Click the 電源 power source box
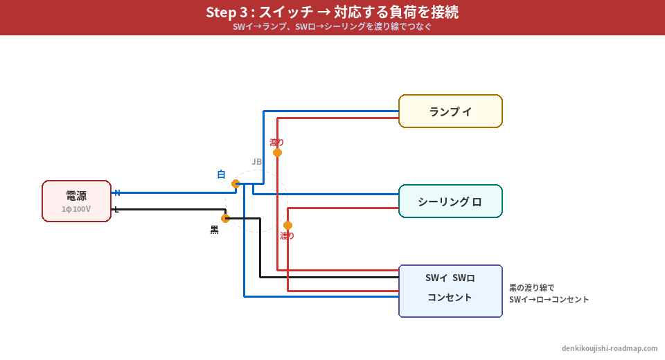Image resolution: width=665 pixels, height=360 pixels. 76,201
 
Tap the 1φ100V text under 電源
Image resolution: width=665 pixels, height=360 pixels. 76,209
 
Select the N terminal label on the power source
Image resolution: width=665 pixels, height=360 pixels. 117,192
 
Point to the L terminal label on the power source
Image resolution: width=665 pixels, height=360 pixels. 116,209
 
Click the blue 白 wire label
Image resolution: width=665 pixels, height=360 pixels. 221,174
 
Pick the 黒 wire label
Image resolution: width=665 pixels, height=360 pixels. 214,230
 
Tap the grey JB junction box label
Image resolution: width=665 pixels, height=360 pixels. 256,161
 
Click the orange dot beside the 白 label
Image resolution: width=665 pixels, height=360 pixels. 236,183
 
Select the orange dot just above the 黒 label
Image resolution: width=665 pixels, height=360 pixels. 225,218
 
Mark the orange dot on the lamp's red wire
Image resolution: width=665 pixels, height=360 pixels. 277,152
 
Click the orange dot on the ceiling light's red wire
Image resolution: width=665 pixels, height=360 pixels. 287,225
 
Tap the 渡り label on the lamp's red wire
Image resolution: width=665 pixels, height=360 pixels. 277,142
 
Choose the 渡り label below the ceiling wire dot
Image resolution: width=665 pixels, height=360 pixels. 287,236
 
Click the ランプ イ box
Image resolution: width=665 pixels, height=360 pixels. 450,111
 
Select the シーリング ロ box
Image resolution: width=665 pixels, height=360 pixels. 450,201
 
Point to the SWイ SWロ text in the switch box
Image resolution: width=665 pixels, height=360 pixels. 450,278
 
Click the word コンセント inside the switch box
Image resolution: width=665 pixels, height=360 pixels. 450,298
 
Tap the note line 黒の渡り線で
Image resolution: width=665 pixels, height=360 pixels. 532,287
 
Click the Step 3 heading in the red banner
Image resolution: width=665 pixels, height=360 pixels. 332,12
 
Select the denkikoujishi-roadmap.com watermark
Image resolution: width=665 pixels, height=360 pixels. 610,348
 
